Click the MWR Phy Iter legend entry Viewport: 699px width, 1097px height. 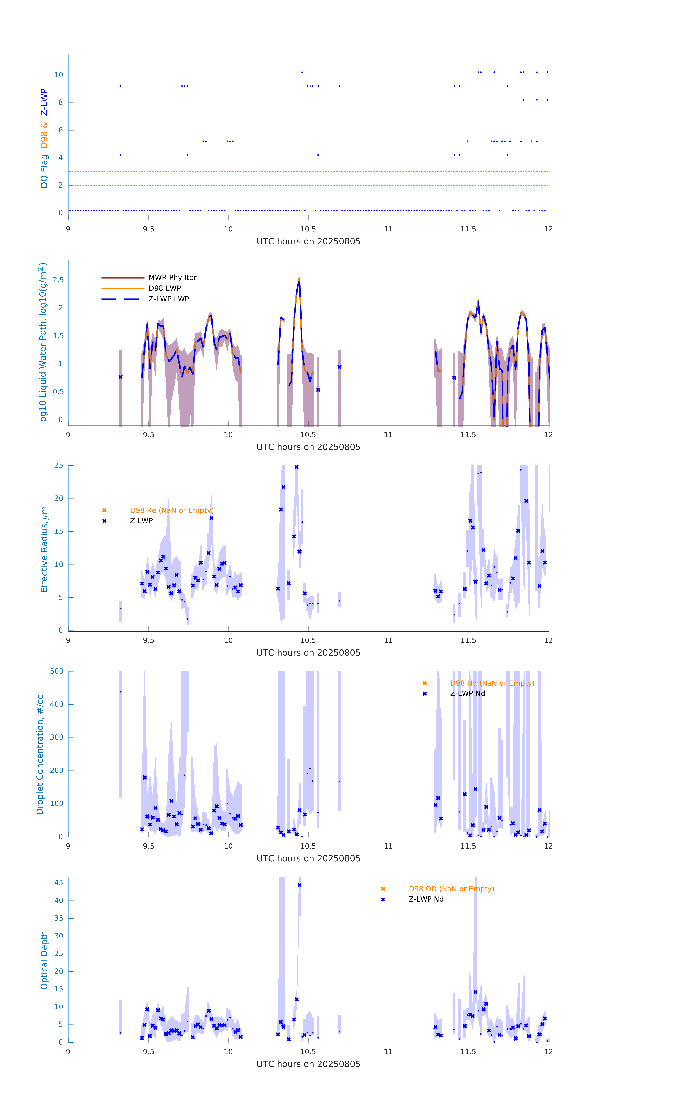click(x=172, y=277)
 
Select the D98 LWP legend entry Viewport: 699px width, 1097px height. click(x=164, y=288)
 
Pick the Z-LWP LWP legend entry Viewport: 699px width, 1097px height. click(x=168, y=299)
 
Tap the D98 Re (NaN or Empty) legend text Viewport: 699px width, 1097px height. click(x=172, y=510)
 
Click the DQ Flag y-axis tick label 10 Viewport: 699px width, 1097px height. click(x=59, y=75)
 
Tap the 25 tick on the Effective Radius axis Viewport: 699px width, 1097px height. click(x=59, y=466)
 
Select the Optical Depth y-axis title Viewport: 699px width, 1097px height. click(x=44, y=960)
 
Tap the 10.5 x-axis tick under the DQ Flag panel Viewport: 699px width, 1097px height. click(x=308, y=229)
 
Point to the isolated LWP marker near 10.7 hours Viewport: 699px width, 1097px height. click(x=339, y=367)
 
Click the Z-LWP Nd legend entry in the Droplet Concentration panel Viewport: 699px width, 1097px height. click(x=467, y=693)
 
